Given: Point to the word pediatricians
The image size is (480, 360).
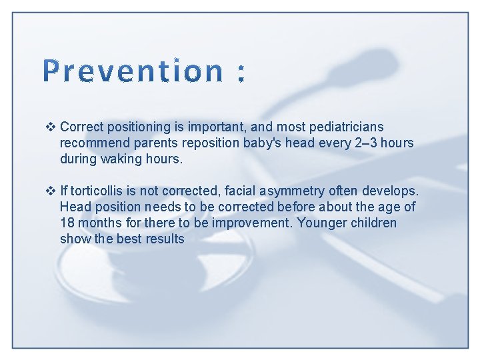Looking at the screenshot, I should tap(345, 127).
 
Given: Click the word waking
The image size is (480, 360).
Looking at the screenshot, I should tap(121, 159).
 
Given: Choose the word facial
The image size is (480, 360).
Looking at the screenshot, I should tap(257, 191).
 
